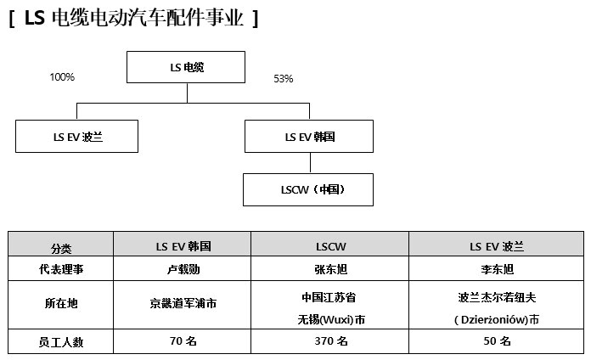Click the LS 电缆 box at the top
coord(186,67)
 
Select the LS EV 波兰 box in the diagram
coord(77,137)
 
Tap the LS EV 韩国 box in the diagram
coord(309,137)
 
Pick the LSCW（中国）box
coord(308,189)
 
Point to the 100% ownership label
coord(62,77)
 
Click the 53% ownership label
coord(284,79)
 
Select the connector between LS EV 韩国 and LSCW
coord(310,163)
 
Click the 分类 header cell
coord(60,245)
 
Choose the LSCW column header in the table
coord(330,245)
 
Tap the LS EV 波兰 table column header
coord(497,245)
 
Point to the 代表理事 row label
coord(60,269)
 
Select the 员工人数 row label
coord(60,341)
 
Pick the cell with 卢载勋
coord(183,269)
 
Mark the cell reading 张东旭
coord(330,269)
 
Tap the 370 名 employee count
coord(330,341)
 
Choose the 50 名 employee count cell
coord(497,341)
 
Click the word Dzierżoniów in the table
coord(493,320)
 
